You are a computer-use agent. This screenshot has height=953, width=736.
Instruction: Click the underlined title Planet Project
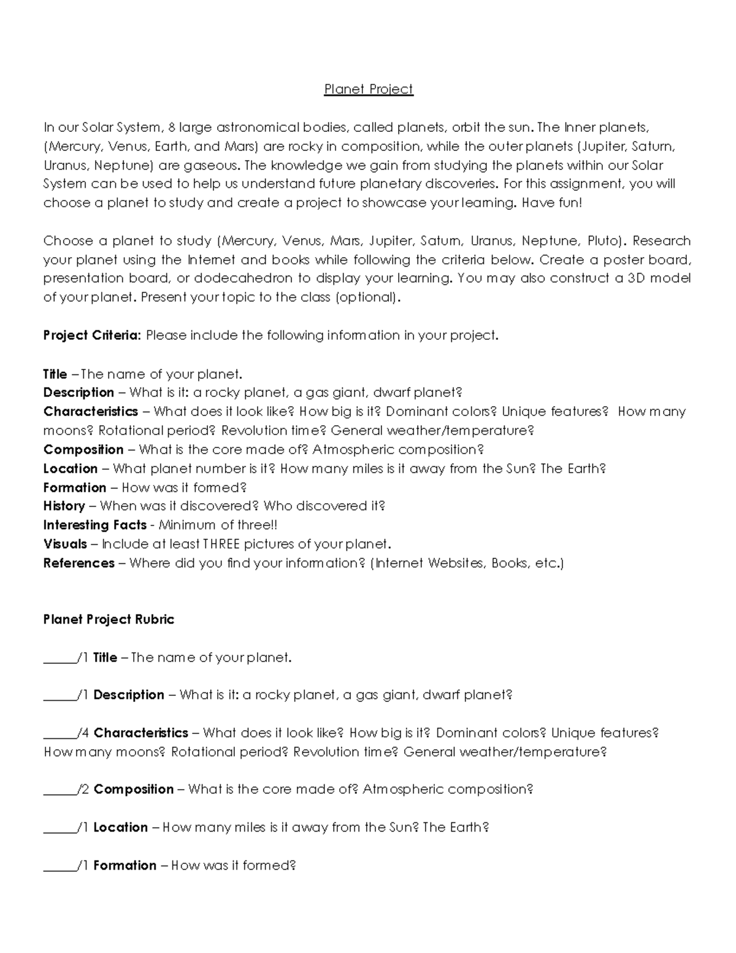click(x=369, y=90)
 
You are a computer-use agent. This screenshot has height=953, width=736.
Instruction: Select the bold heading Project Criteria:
click(x=92, y=336)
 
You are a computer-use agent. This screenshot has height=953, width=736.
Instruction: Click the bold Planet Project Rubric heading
click(x=109, y=620)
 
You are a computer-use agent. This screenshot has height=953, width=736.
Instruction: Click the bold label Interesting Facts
click(x=94, y=525)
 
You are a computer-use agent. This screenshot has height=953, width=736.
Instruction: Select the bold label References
click(x=79, y=563)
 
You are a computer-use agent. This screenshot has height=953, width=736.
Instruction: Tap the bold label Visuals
click(x=65, y=544)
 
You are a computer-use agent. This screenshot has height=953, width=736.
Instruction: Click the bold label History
click(x=64, y=506)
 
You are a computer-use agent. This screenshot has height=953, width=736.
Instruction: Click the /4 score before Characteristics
click(x=84, y=733)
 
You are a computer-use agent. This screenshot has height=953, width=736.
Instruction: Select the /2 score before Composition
click(x=84, y=790)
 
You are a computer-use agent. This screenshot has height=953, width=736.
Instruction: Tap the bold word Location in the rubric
click(x=120, y=828)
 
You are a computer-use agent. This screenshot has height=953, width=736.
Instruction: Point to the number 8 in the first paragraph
click(x=172, y=128)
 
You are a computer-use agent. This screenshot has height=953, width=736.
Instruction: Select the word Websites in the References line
click(x=456, y=563)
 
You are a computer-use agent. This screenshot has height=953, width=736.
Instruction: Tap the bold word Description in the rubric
click(x=129, y=695)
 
